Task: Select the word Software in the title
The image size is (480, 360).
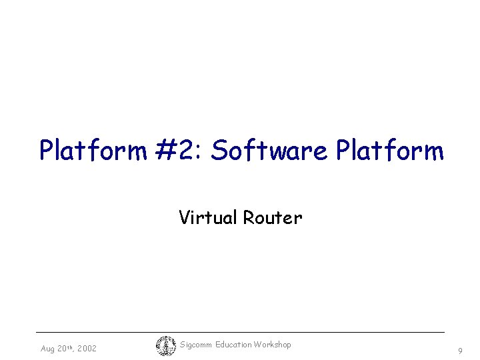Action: [269, 151]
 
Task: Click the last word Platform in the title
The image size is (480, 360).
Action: [390, 151]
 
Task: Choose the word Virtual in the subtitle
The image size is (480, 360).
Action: [209, 217]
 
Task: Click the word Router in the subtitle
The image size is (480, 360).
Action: [273, 217]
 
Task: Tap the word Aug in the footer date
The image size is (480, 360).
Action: [48, 349]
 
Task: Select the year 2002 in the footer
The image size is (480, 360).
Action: [87, 349]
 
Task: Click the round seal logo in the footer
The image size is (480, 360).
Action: [165, 346]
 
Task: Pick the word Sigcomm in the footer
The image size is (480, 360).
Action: [196, 345]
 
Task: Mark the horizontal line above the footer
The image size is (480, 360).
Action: [240, 332]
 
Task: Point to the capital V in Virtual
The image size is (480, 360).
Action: [184, 217]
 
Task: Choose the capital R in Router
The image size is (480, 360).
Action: [248, 217]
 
